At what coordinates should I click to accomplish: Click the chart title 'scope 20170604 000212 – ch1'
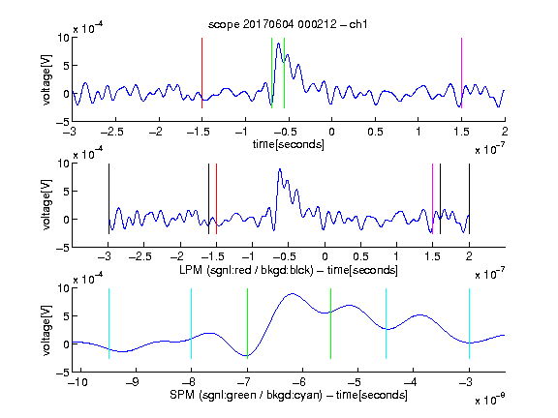(x=288, y=24)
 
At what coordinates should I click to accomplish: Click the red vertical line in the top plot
(x=201, y=73)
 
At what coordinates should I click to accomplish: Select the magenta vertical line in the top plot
(x=461, y=73)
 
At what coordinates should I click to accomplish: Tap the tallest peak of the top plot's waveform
(x=278, y=44)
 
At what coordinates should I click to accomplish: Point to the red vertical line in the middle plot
(x=216, y=198)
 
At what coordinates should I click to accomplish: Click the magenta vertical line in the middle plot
(x=432, y=198)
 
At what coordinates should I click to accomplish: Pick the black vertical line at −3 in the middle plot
(x=108, y=198)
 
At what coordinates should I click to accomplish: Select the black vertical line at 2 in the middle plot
(x=470, y=198)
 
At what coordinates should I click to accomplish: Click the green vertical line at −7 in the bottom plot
(x=247, y=323)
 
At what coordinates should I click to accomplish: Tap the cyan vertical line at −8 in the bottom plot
(x=192, y=323)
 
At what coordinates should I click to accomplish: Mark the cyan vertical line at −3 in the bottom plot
(x=470, y=323)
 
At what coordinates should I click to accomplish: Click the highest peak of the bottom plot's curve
(x=293, y=293)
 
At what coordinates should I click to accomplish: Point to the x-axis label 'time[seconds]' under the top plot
(x=289, y=144)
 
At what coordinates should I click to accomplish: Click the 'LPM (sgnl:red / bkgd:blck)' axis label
(x=246, y=270)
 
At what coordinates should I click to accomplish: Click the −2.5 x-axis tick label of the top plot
(x=112, y=132)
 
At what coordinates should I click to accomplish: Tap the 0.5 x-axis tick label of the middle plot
(x=360, y=256)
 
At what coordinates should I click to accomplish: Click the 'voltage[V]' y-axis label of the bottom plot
(x=46, y=330)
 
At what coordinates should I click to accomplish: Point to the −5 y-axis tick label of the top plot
(x=63, y=122)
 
